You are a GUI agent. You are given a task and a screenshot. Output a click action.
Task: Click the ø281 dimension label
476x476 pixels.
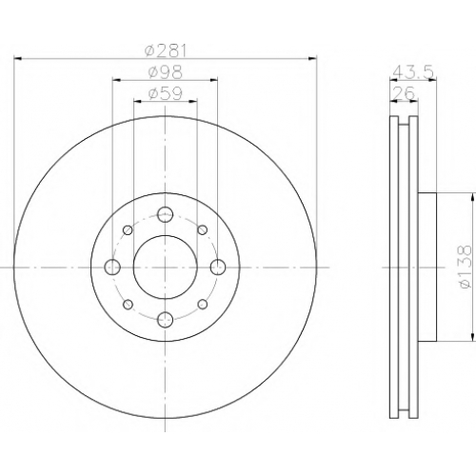(165, 50)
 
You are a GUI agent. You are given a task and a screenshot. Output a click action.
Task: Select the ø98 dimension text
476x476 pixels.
(165, 72)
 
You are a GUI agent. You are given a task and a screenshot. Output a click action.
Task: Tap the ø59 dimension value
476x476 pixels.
(165, 94)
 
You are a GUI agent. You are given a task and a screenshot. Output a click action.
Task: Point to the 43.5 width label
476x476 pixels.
(413, 72)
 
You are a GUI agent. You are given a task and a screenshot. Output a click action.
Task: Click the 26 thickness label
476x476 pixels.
(404, 93)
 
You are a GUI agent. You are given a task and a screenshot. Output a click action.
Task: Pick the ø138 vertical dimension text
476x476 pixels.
(465, 267)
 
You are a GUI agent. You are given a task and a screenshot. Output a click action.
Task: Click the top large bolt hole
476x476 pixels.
(166, 214)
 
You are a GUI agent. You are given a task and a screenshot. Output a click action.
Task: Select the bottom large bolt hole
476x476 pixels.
(166, 319)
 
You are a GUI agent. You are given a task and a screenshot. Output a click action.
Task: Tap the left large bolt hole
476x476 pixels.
(112, 267)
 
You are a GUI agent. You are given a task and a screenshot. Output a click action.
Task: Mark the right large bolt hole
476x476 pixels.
(218, 267)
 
